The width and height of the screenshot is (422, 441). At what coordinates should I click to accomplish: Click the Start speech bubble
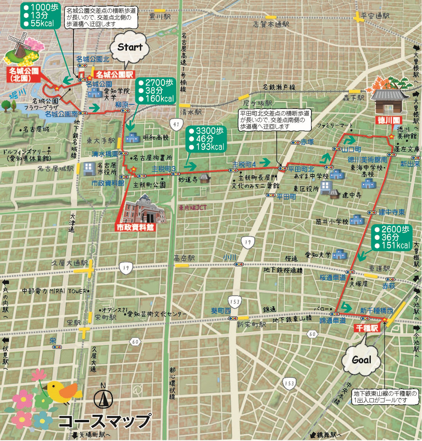pyautogui.click(x=130, y=47)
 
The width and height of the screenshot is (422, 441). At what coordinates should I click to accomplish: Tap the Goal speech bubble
pyautogui.click(x=361, y=359)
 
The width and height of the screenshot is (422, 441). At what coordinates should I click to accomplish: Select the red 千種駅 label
pyautogui.click(x=367, y=328)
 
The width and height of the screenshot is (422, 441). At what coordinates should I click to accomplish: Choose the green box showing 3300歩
pyautogui.click(x=206, y=139)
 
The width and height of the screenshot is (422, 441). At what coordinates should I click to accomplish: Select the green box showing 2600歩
pyautogui.click(x=392, y=237)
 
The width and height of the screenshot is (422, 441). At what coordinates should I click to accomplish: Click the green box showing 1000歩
pyautogui.click(x=41, y=16)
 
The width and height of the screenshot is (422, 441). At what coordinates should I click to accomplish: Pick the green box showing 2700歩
pyautogui.click(x=156, y=91)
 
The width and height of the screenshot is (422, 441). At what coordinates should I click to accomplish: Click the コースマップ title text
pyautogui.click(x=104, y=421)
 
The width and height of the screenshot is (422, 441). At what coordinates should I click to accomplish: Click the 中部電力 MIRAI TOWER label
pyautogui.click(x=54, y=291)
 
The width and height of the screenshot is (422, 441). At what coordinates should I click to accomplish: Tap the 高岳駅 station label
pyautogui.click(x=184, y=258)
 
